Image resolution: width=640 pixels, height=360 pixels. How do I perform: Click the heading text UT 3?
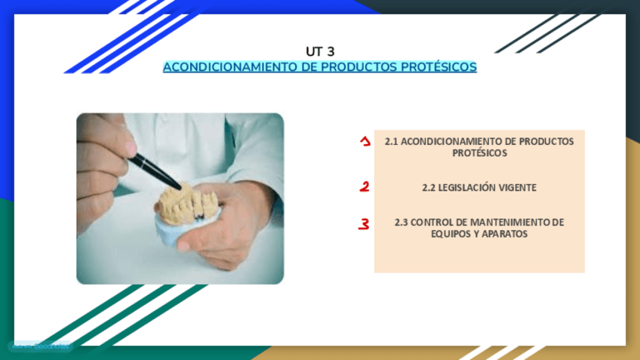pyautogui.click(x=320, y=51)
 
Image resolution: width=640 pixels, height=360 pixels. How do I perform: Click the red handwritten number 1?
pyautogui.click(x=365, y=141)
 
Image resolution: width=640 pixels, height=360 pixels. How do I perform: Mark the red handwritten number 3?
pyautogui.click(x=365, y=223)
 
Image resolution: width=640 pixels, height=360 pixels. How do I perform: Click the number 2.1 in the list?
pyautogui.click(x=391, y=141)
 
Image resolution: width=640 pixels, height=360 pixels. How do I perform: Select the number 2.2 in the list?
pyautogui.click(x=429, y=187)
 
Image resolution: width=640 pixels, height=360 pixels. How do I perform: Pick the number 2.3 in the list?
pyautogui.click(x=402, y=222)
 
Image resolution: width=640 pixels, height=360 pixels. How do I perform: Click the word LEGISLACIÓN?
pyautogui.click(x=467, y=187)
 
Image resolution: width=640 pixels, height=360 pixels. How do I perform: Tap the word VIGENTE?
pyautogui.click(x=518, y=187)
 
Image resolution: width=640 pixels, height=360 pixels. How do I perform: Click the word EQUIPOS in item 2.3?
pyautogui.click(x=448, y=234)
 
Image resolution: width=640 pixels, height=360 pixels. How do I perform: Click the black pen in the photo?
pyautogui.click(x=155, y=171)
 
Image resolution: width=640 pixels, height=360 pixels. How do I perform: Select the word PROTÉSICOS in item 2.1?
pyautogui.click(x=479, y=152)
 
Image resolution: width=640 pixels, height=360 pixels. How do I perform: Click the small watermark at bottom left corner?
pyautogui.click(x=39, y=346)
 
